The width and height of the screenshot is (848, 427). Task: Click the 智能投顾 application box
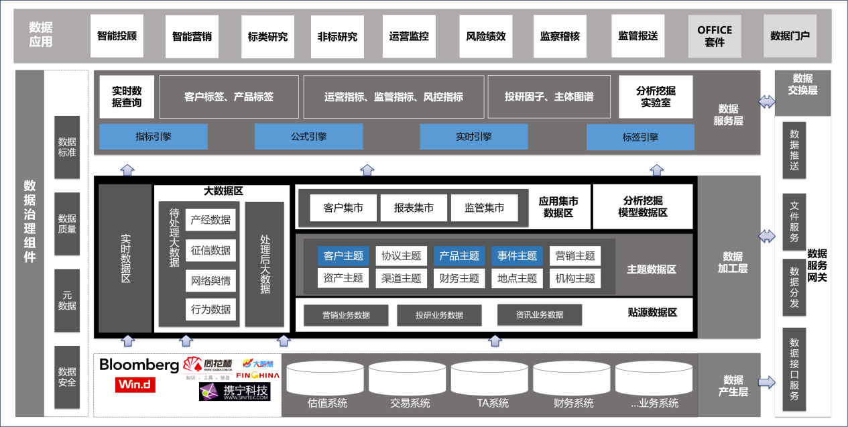pos(117,36)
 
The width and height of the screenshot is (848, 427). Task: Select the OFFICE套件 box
pos(715,36)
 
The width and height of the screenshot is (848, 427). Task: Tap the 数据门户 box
pos(790,36)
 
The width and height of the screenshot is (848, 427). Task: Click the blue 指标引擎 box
pos(154,137)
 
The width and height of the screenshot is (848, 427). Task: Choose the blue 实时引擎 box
pos(474,137)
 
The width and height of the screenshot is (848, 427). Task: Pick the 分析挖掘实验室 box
pos(656,97)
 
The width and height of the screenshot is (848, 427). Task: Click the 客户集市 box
pos(343,208)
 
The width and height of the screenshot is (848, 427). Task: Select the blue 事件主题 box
pos(518,255)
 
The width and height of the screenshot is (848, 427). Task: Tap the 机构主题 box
pos(575,278)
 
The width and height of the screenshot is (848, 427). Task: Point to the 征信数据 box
pos(210,250)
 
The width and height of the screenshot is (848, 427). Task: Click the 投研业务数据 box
pos(439,314)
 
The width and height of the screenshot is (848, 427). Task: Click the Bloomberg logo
pos(139,365)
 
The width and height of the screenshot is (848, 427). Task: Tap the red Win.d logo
pos(135,385)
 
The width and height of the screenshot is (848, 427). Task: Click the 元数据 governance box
pos(67,300)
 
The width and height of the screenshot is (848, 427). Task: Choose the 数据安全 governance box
pos(67,377)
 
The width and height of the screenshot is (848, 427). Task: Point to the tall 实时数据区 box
pos(125,258)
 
